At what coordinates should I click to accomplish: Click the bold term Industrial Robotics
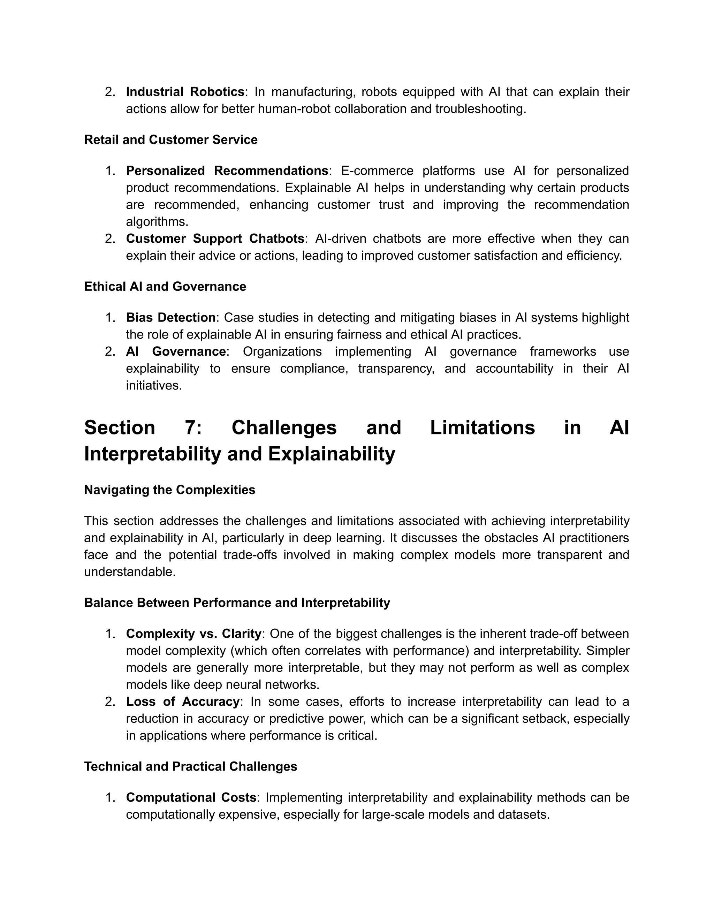[x=185, y=92]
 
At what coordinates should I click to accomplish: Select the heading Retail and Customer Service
[x=170, y=139]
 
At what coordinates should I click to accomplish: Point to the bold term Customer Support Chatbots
[x=215, y=238]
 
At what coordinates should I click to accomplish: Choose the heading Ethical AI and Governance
[x=165, y=286]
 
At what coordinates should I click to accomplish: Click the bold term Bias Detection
[x=171, y=317]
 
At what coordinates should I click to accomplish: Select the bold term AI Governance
[x=176, y=351]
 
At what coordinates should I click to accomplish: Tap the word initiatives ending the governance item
[x=153, y=385]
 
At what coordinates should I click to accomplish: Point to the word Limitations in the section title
[x=482, y=427]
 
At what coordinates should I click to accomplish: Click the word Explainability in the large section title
[x=331, y=454]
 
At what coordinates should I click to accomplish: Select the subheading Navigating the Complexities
[x=170, y=490]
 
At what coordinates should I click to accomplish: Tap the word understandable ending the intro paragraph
[x=129, y=571]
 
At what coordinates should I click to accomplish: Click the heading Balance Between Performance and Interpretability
[x=237, y=603]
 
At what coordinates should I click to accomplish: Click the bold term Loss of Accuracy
[x=183, y=702]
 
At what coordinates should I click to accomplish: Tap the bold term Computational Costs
[x=191, y=797]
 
